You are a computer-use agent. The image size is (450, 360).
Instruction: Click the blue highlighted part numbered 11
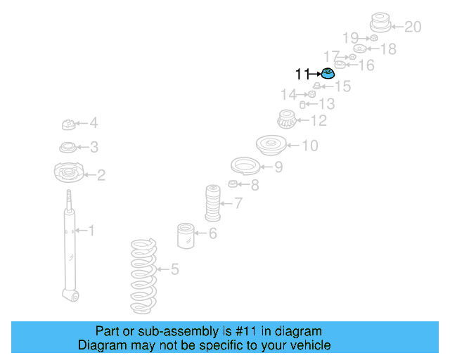coord(327,73)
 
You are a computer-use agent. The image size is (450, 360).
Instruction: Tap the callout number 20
coord(413,27)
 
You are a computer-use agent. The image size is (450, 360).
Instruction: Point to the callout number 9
coord(278,167)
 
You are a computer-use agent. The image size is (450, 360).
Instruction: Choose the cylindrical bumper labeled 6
coord(186,235)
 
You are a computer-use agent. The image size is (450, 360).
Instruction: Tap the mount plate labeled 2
coord(69,172)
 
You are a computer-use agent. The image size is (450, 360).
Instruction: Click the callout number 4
coord(94,124)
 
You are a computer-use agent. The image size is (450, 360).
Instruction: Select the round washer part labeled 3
coord(68,148)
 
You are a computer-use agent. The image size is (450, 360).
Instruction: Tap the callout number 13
coord(326,105)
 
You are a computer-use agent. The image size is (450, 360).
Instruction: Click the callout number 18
coord(388,49)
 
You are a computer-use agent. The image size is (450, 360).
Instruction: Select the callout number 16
coord(366,65)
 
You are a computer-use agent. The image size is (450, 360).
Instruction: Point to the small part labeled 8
coord(233,184)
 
